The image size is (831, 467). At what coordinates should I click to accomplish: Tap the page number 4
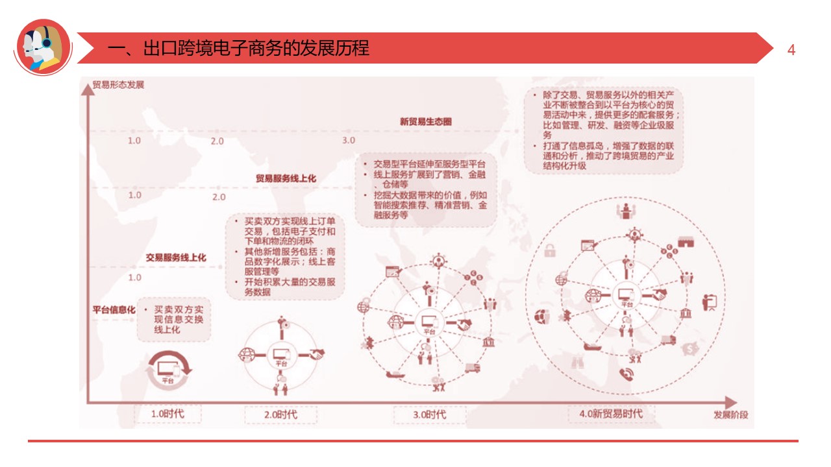[x=791, y=50]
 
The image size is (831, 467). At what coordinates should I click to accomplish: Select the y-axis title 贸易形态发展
[x=118, y=85]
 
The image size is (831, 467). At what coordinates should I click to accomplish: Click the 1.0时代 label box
[x=167, y=414]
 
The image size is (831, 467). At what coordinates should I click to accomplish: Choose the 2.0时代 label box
[x=280, y=414]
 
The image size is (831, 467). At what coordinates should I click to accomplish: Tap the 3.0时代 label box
[x=429, y=414]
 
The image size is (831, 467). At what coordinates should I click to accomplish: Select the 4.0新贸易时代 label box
[x=611, y=413]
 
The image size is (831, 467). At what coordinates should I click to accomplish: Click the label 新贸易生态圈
[x=426, y=121]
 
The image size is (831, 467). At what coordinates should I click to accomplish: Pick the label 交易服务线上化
[x=176, y=257]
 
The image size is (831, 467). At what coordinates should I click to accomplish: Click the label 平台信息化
[x=113, y=310]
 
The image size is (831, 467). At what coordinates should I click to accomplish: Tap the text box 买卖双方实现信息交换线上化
[x=175, y=320]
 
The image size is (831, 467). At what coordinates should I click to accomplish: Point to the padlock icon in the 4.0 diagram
[x=549, y=250]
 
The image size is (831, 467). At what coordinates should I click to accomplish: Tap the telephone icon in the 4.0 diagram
[x=626, y=374]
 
